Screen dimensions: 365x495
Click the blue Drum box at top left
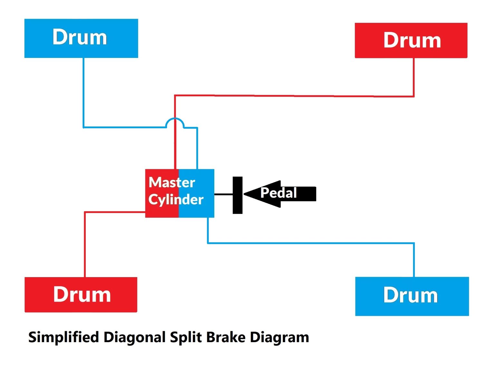(x=81, y=38)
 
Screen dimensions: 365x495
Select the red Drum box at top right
(x=411, y=41)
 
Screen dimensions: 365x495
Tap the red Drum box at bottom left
(x=81, y=295)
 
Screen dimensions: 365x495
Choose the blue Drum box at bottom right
(x=412, y=296)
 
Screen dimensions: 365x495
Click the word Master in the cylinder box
(x=172, y=182)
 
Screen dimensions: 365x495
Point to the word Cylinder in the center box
(x=176, y=200)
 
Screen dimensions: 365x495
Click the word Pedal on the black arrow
(x=278, y=193)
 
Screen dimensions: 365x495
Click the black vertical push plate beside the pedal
(x=238, y=195)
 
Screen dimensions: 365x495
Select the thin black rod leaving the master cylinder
(x=223, y=194)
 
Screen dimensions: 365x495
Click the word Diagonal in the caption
(x=134, y=337)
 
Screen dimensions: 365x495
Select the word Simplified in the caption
(x=63, y=337)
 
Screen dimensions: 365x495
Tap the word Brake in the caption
(x=226, y=337)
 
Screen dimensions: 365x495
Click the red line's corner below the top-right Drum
(x=413, y=96)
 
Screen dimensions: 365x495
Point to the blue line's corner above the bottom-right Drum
(x=413, y=243)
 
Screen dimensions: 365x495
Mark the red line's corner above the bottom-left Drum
(x=85, y=212)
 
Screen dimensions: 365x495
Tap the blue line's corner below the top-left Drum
(x=84, y=127)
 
